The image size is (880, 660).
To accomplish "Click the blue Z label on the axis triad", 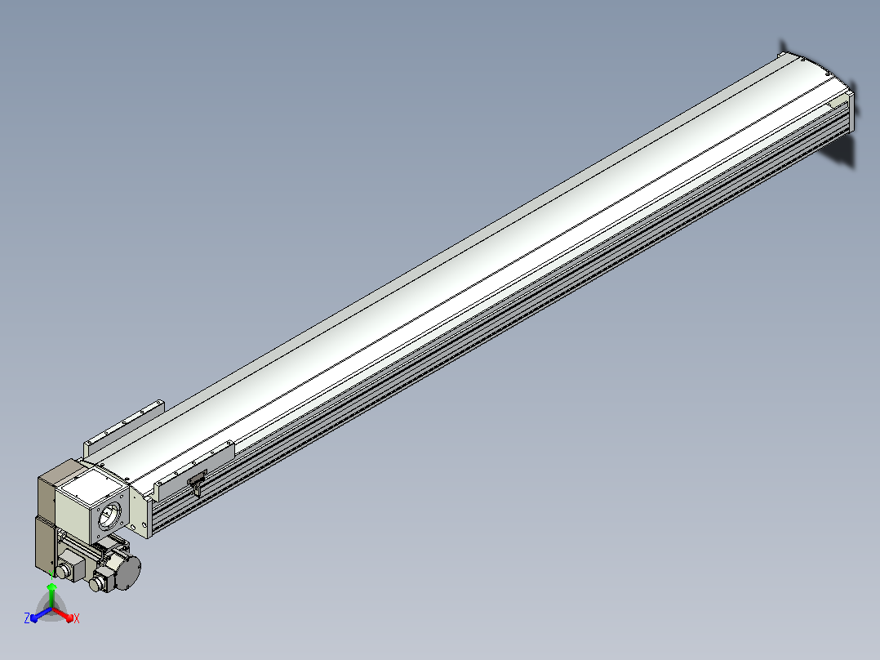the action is [27, 618].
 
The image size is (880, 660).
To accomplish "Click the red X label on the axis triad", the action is [77, 618].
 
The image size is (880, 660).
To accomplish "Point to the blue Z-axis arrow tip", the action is [34, 618].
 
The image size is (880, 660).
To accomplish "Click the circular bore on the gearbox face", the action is [109, 515].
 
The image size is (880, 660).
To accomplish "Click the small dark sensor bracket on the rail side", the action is [197, 483].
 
